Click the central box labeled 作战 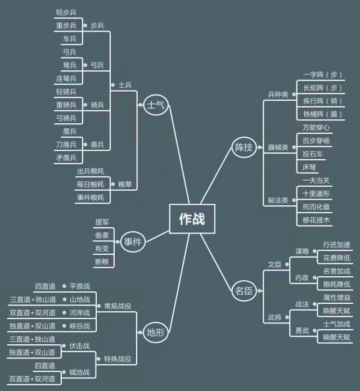[x=192, y=219]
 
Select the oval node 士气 [x=156, y=105]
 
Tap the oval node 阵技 [x=244, y=147]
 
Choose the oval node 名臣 [x=244, y=291]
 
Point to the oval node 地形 [x=156, y=332]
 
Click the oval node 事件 [x=133, y=241]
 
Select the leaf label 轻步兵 [x=66, y=12]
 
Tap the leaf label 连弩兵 [x=66, y=79]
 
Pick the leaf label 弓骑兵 [x=66, y=118]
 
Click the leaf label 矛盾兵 [x=66, y=158]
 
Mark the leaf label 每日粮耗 [x=90, y=185]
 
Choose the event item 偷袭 [x=102, y=235]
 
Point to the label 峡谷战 [x=80, y=326]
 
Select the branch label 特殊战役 [x=118, y=359]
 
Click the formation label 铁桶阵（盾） [x=323, y=114]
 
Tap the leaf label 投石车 [x=313, y=154]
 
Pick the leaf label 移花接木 [x=316, y=220]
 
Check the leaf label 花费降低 [x=337, y=258]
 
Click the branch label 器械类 [x=278, y=147]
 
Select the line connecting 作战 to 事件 [x=158, y=236]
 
